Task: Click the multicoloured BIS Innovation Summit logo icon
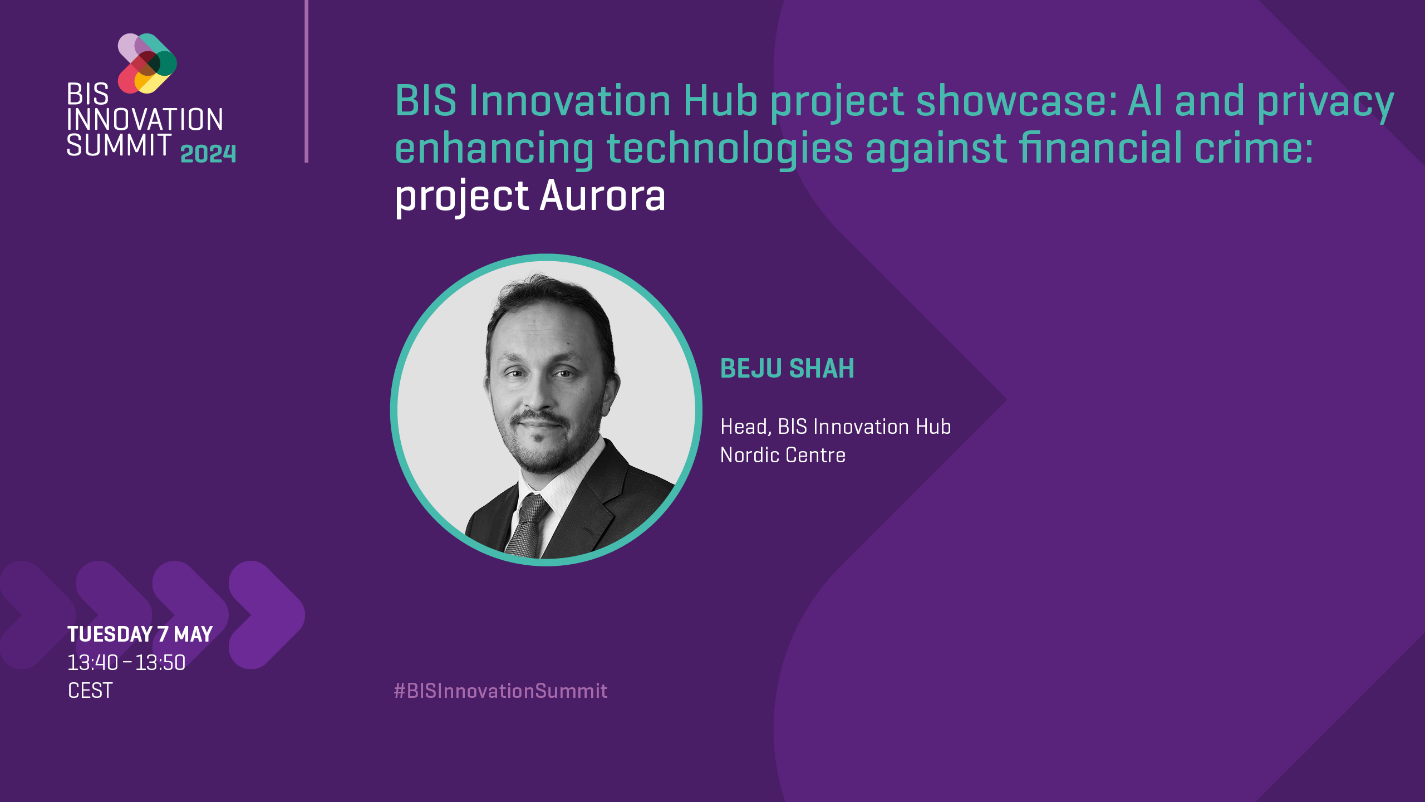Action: click(x=148, y=63)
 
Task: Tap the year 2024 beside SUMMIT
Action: click(x=208, y=153)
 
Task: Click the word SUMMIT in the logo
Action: click(x=119, y=145)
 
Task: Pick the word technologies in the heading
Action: click(x=729, y=149)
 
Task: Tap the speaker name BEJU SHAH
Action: click(x=787, y=369)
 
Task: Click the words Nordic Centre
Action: click(x=783, y=455)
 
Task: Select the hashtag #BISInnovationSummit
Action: click(x=500, y=691)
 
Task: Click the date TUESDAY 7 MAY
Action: click(x=140, y=634)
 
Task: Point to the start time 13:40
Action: click(x=92, y=663)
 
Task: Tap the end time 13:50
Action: click(x=160, y=663)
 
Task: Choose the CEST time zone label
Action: click(x=90, y=691)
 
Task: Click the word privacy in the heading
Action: click(x=1325, y=101)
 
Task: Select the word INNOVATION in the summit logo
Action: click(x=145, y=120)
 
